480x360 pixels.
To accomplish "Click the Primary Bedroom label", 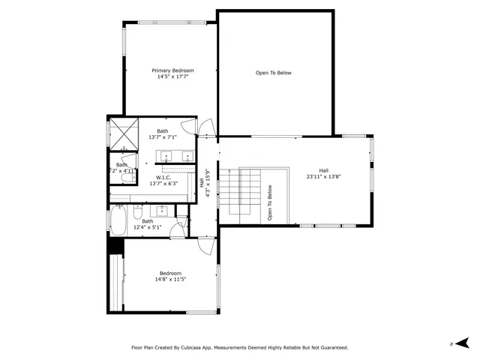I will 167,70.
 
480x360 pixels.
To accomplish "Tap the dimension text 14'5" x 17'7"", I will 167,76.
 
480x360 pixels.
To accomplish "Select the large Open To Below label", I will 274,73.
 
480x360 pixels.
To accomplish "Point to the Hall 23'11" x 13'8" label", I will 323,173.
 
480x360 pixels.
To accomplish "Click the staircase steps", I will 249,193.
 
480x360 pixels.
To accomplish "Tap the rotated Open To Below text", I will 269,201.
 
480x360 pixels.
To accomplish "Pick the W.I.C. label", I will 163,178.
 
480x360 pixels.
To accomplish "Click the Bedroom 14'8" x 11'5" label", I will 170,276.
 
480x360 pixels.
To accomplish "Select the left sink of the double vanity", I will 166,156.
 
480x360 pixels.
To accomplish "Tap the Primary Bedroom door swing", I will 207,128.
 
